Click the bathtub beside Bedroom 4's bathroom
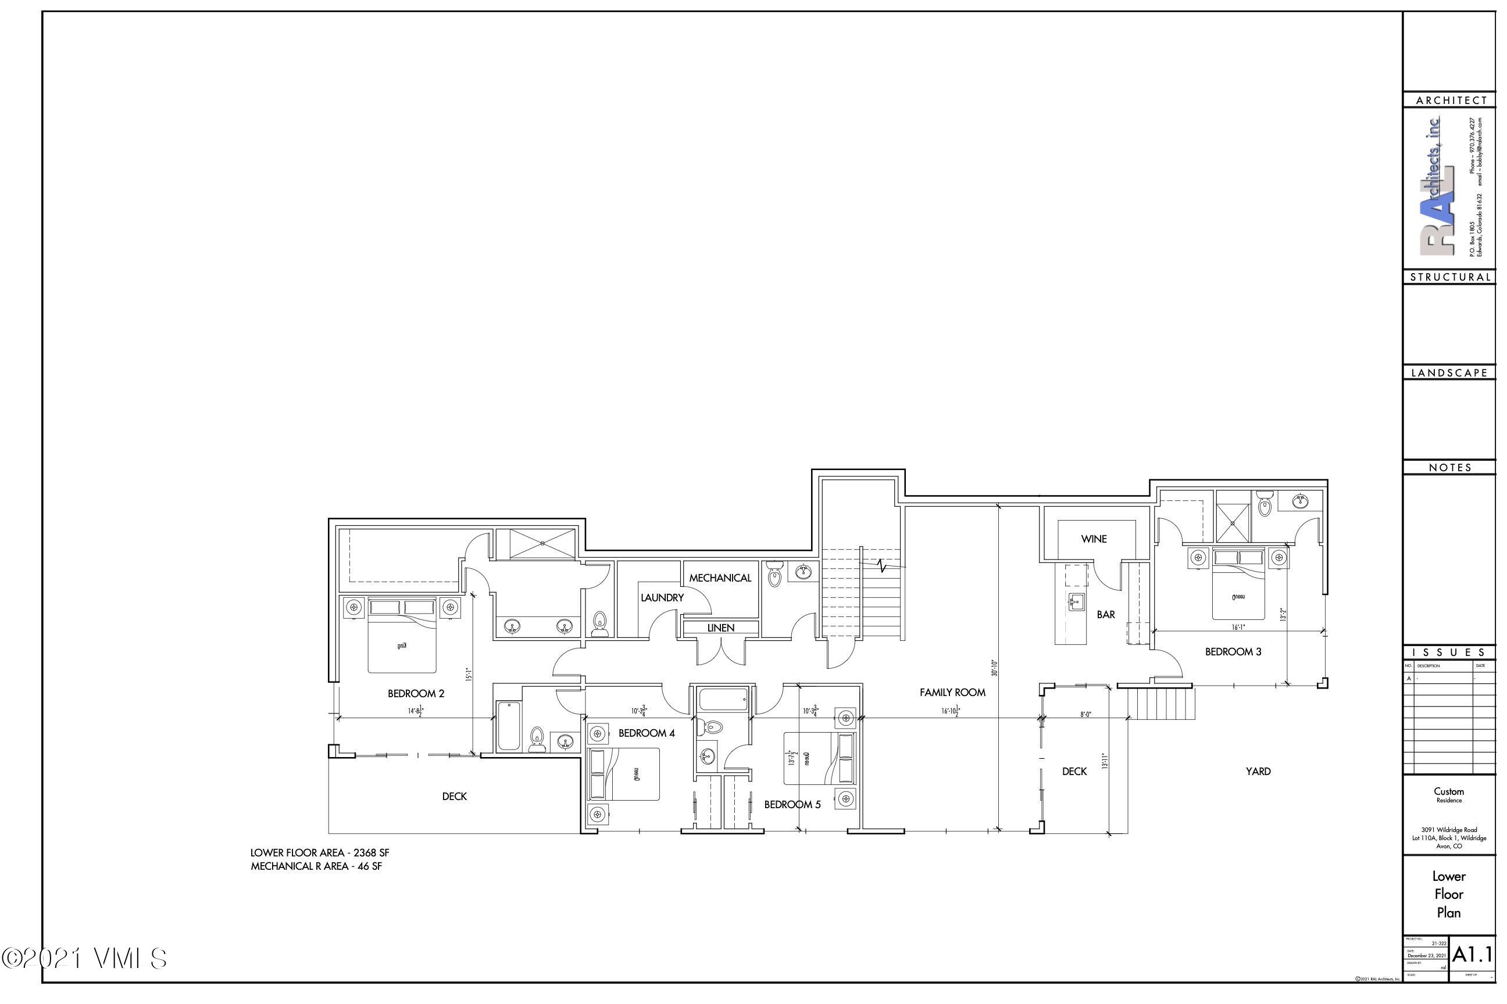pyautogui.click(x=509, y=726)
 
